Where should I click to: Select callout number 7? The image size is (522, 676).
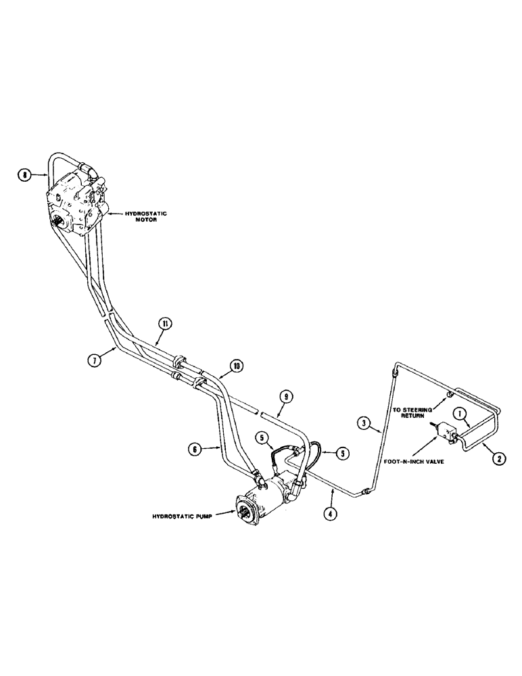[94, 360]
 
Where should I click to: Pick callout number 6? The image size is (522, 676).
[193, 447]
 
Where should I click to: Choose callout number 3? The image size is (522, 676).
[365, 425]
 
